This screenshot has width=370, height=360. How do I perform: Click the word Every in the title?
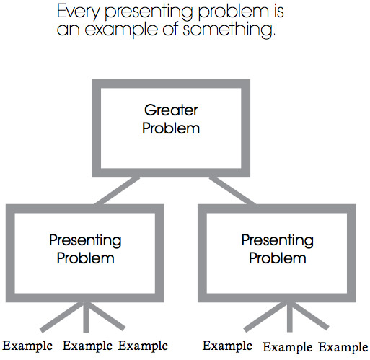point(78,12)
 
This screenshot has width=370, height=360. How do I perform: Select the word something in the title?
point(229,29)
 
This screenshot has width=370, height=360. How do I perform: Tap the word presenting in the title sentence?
point(149,12)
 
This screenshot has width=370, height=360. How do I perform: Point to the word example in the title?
point(121,30)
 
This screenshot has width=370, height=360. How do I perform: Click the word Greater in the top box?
point(171,110)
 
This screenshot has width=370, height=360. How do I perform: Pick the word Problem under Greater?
point(171,128)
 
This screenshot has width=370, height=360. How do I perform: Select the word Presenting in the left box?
point(85,240)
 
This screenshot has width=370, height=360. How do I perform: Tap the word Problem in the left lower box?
point(85,258)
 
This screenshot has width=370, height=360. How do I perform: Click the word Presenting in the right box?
point(278,240)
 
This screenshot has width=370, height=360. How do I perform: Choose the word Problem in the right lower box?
point(278,258)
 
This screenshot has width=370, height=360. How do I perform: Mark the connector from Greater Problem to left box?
point(117,190)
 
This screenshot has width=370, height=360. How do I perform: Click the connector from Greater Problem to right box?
point(232,190)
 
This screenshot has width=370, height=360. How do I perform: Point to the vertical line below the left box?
point(86,317)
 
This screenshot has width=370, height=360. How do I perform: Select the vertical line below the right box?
point(290,317)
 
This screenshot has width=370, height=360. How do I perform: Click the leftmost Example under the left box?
point(27,346)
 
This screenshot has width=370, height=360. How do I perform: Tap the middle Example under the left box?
point(87,346)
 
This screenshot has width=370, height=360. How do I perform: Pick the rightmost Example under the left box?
point(143,346)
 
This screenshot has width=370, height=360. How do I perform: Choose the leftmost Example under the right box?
point(227,346)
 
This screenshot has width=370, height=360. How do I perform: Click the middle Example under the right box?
point(287,348)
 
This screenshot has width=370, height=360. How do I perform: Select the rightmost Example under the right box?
point(343,348)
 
